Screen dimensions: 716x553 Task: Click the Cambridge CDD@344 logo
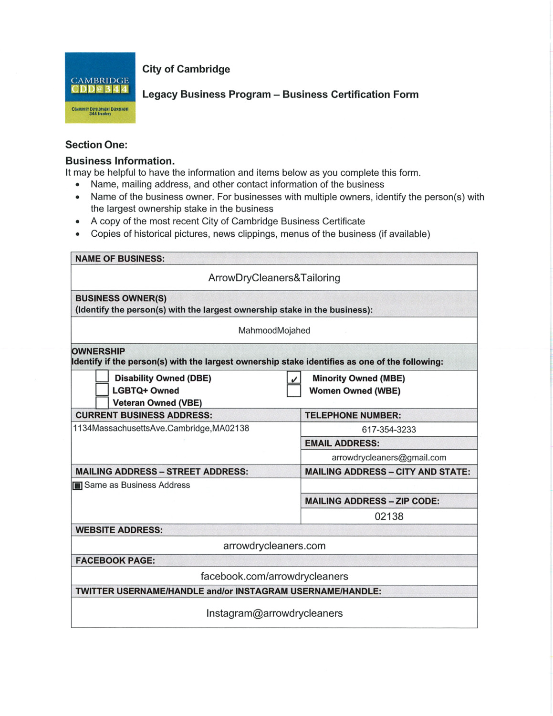100,88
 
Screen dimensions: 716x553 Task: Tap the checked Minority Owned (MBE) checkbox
294,378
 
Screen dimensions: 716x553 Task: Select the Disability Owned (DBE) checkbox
102,376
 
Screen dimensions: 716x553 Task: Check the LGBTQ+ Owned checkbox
102,390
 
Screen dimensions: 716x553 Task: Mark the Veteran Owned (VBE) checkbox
102,402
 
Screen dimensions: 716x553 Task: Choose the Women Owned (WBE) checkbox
294,391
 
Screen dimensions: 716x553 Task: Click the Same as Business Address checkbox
77,486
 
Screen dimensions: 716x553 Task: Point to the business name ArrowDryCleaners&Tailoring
274,278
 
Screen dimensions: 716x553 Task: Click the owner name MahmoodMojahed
274,330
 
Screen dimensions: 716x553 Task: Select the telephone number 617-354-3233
389,430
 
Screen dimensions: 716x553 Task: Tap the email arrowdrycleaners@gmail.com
389,457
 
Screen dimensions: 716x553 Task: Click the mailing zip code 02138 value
389,516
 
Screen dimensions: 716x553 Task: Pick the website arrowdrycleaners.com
274,546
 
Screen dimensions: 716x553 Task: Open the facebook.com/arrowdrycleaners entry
274,576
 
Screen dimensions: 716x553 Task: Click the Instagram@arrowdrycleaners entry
274,613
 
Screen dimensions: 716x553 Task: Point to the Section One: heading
96,145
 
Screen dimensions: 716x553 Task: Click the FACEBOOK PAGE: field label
115,560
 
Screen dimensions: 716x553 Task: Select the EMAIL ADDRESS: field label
342,443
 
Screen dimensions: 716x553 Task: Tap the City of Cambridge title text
186,69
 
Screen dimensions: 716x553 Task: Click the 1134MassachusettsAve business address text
161,428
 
